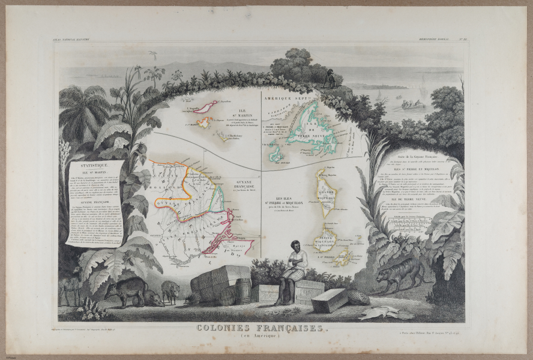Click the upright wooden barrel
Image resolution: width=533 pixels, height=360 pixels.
click(242, 290)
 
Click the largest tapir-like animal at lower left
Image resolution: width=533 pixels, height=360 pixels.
click(126, 290)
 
